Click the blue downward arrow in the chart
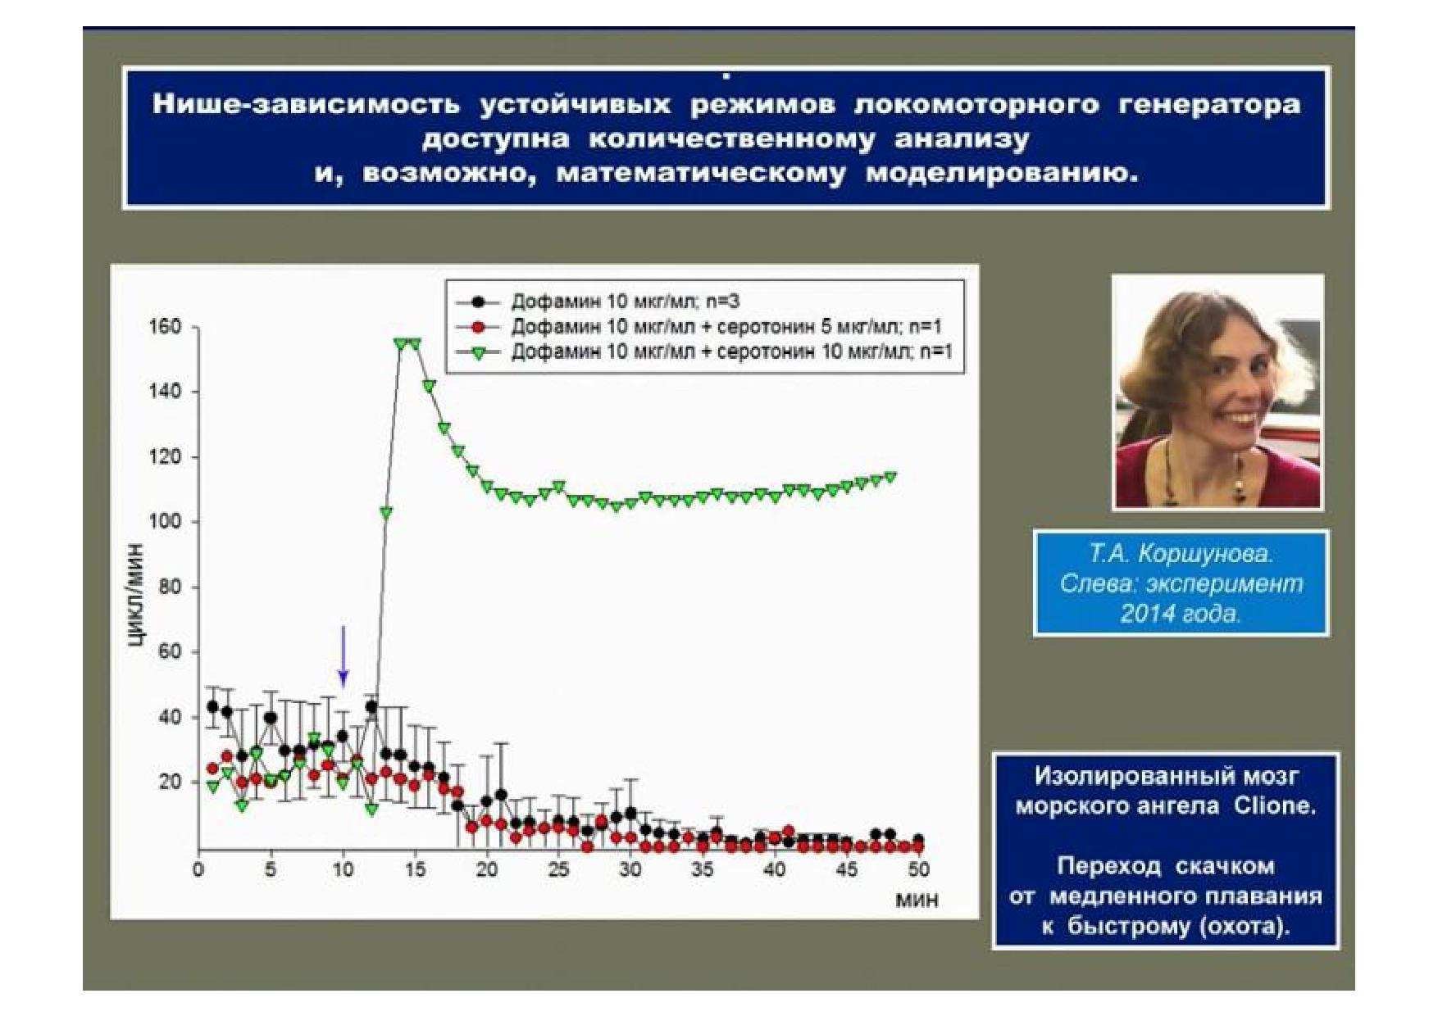click(x=344, y=656)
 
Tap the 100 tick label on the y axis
click(x=165, y=522)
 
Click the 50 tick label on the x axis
click(x=919, y=869)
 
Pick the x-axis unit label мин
click(x=917, y=900)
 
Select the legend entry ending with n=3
click(x=594, y=301)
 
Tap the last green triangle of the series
click(x=890, y=477)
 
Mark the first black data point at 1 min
click(x=213, y=706)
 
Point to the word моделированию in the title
click(x=1003, y=175)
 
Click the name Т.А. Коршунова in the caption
click(x=1181, y=555)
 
